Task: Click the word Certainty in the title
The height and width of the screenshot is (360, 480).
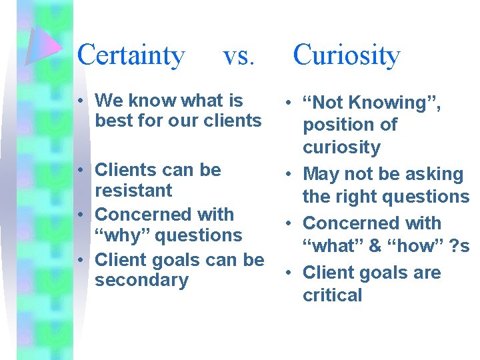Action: click(131, 55)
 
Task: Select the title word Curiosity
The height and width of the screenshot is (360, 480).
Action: click(346, 55)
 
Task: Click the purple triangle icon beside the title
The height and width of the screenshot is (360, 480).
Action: click(43, 47)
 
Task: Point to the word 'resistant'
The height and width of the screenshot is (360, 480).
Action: click(133, 191)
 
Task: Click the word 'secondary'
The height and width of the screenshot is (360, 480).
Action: click(141, 280)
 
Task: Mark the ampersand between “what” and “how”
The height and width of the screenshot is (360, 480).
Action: click(375, 246)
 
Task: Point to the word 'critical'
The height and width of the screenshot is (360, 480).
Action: click(332, 295)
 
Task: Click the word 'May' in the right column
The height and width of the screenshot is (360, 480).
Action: click(321, 175)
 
